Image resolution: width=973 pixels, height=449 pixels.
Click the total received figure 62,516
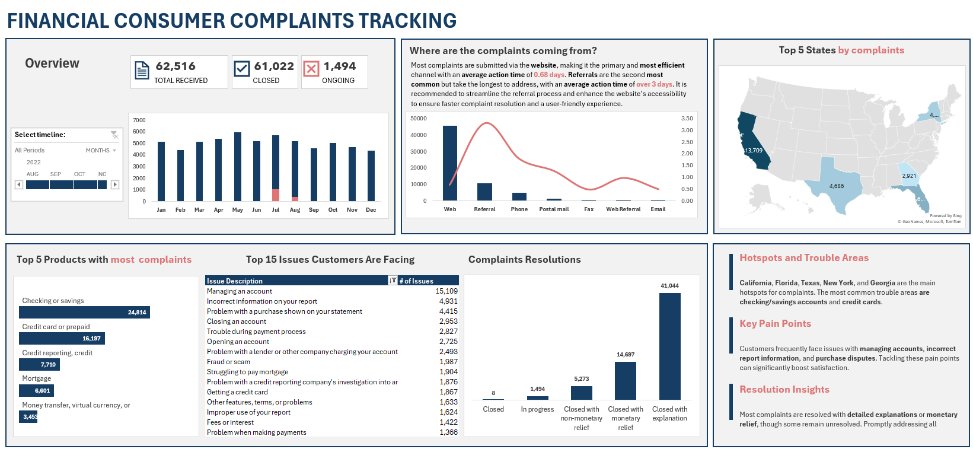point(176,66)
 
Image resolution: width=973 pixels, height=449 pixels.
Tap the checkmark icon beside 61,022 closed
point(242,69)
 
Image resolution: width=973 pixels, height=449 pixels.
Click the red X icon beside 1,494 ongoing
point(311,69)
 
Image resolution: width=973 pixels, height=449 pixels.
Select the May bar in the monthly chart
point(238,167)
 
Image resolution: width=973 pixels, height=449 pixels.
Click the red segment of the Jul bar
point(276,195)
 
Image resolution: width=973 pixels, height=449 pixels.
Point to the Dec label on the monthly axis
point(371,210)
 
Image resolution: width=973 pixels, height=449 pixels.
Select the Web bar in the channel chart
point(450,163)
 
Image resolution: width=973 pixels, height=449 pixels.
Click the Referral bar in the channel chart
point(484,192)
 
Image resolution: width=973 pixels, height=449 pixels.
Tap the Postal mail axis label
point(554,209)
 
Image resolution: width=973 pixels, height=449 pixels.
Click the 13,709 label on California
point(754,151)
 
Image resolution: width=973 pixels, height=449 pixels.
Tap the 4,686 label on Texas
point(837,186)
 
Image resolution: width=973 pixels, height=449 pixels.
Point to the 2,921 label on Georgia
point(909,176)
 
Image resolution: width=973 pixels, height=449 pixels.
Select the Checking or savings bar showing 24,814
point(84,313)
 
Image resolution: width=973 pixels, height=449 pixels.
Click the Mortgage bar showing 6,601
point(37,390)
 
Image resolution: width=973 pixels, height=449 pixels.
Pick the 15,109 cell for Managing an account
point(446,291)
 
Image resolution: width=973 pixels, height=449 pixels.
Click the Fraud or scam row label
point(228,362)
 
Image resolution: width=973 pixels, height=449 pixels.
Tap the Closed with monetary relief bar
point(626,380)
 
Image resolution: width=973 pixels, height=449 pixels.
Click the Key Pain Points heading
point(775,324)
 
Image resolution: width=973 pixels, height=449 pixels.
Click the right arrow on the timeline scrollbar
point(115,185)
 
